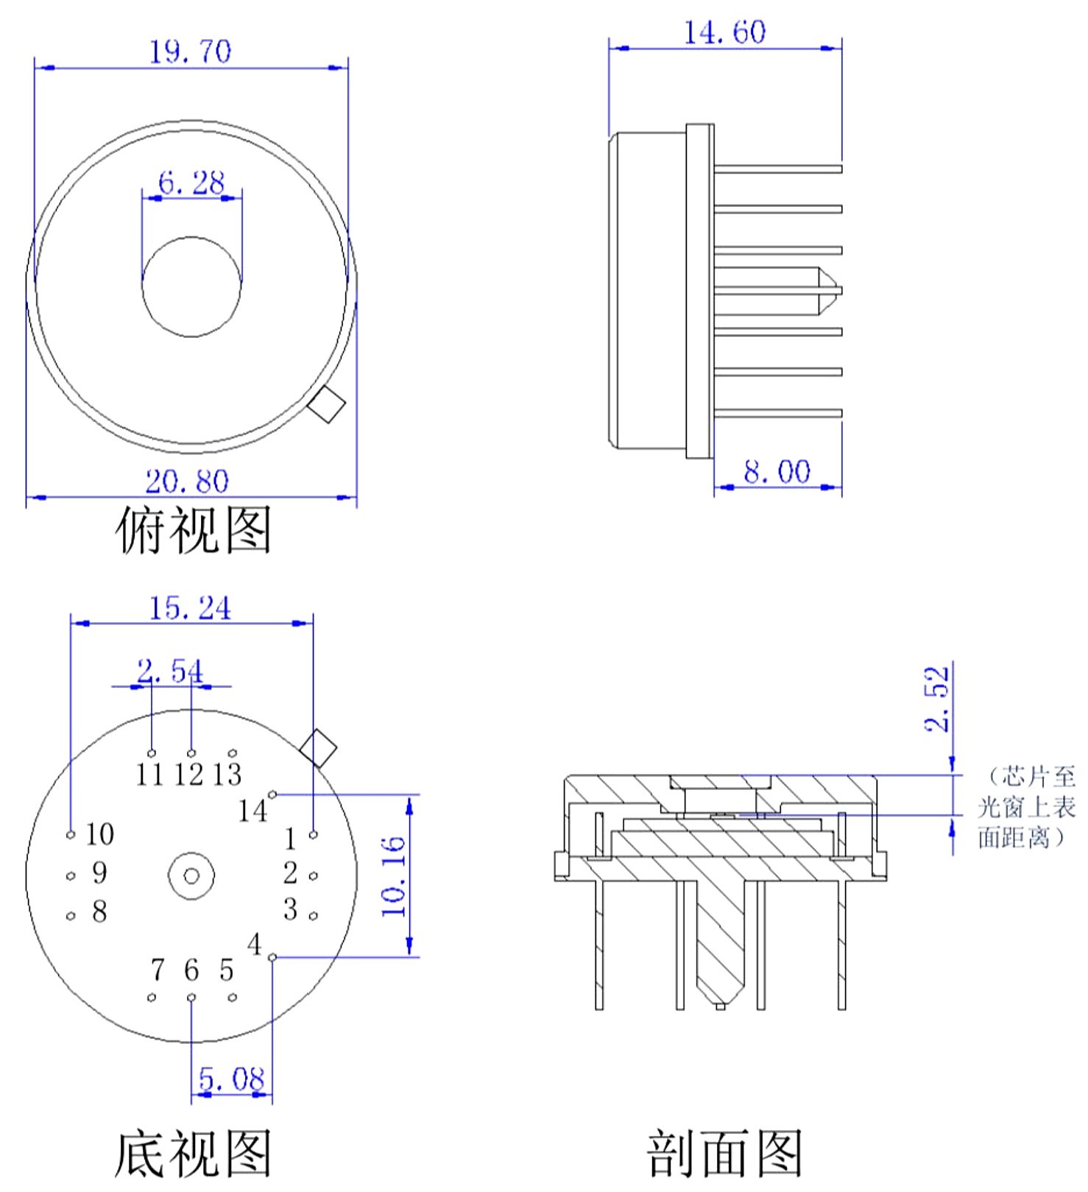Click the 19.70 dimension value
[190, 52]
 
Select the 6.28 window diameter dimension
[191, 182]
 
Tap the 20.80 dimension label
[187, 482]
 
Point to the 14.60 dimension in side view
[724, 32]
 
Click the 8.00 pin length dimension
[777, 471]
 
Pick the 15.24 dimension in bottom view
[190, 608]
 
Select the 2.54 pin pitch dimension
[170, 671]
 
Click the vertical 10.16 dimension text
[395, 876]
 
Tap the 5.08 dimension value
[231, 1079]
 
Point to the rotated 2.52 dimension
[937, 699]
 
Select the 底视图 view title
[194, 1154]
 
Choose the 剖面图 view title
[724, 1154]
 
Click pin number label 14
[252, 811]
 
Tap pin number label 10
[99, 834]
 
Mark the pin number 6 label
[191, 970]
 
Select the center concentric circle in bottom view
[191, 876]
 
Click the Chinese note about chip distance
[1027, 807]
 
